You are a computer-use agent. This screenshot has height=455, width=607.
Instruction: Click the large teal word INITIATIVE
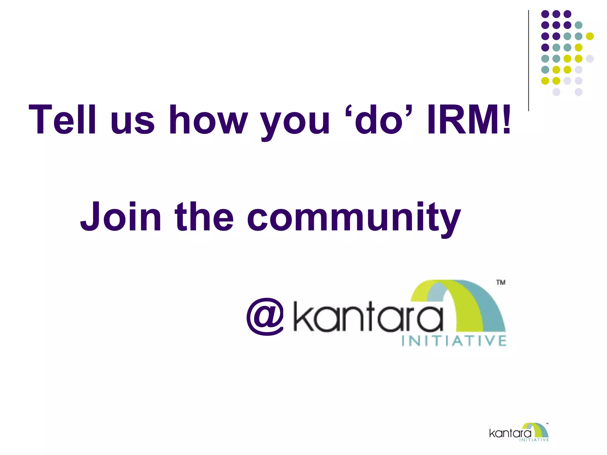pos(454,341)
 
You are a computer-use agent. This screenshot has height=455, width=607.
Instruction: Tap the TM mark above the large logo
pos(501,283)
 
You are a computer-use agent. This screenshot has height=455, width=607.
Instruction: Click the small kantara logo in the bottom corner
pos(519,433)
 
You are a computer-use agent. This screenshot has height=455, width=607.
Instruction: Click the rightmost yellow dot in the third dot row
pos(590,36)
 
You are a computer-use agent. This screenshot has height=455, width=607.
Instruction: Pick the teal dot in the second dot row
pos(579,25)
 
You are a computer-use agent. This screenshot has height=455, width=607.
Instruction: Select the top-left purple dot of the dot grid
pos(545,14)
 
